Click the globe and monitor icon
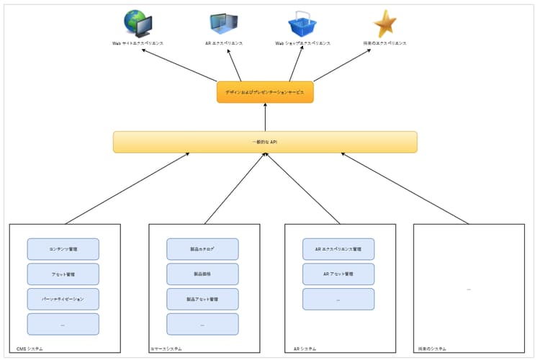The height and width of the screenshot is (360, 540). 138,24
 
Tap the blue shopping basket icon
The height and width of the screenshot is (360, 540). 302,24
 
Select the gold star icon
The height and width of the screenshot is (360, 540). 385,24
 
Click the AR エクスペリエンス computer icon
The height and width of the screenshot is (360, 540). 224,24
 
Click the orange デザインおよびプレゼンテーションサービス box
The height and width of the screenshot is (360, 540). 265,92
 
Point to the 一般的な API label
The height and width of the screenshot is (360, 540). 265,143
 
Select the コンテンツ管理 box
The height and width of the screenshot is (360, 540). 63,249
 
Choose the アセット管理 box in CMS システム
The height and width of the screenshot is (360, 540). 63,274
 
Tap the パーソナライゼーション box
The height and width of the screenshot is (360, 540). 63,299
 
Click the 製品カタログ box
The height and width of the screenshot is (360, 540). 202,249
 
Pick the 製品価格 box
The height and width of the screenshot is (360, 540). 202,274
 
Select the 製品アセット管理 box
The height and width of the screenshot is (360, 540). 202,299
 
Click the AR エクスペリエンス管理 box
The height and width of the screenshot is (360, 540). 338,249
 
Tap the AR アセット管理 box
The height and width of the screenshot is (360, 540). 338,274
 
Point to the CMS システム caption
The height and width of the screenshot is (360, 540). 30,348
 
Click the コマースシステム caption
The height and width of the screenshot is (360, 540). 166,348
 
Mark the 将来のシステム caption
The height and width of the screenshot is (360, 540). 431,348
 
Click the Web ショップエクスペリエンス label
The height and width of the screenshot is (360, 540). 302,43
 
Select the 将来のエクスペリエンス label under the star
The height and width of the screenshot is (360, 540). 385,43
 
